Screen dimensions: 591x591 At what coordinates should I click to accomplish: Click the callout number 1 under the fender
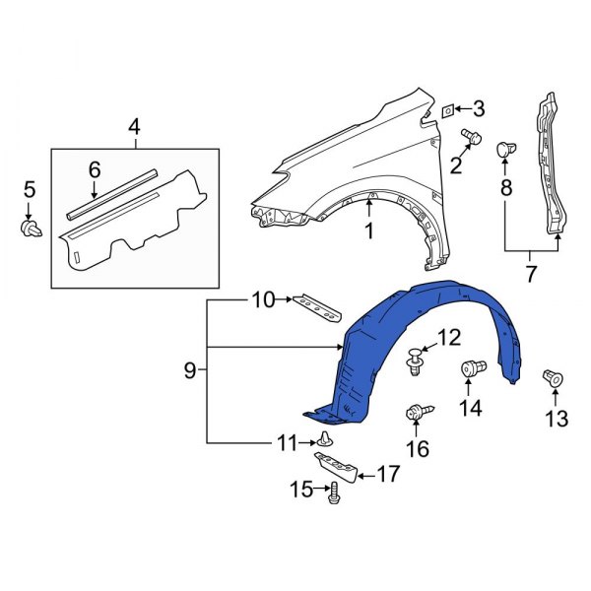pos(369,232)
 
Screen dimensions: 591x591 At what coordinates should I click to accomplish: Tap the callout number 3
pos(478,108)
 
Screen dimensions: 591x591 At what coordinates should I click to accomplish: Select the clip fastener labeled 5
pos(29,229)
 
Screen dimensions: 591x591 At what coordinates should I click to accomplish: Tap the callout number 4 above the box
pos(134,126)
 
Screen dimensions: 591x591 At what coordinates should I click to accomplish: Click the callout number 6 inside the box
pos(95,169)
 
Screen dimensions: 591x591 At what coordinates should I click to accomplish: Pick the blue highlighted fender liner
pos(433,335)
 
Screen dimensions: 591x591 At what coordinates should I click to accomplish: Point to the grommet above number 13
pos(554,378)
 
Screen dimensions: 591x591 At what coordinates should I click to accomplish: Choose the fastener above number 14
pos(474,370)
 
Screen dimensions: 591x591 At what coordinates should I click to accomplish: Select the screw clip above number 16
pos(416,415)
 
